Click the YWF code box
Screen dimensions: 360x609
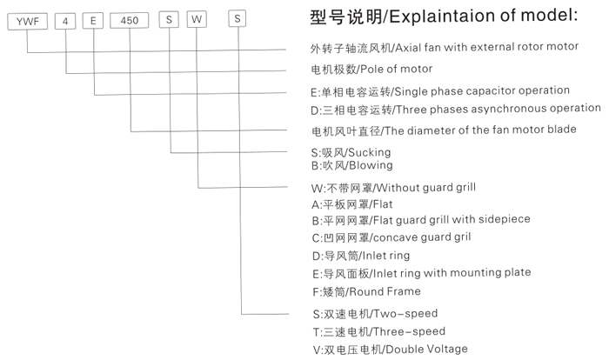tap(25, 19)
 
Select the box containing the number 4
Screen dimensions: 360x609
tap(64, 19)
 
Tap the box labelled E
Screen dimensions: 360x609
tap(92, 19)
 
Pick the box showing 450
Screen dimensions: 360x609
tap(129, 19)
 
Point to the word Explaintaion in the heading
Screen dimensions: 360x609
tap(453, 16)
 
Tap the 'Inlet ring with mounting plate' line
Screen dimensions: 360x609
tap(452, 272)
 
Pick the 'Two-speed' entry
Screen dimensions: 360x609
tap(404, 313)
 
